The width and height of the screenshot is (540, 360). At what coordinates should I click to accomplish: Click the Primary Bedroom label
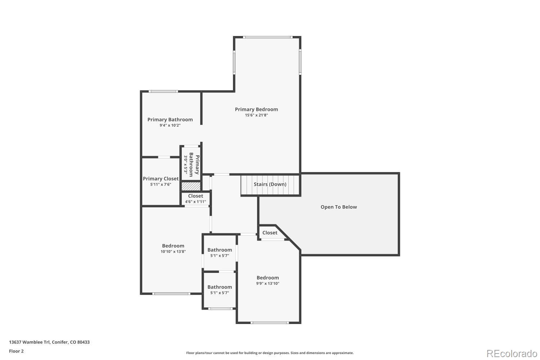(256, 109)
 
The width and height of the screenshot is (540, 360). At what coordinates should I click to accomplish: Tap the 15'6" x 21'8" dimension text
(256, 115)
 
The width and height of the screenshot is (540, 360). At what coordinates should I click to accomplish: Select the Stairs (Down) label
(270, 184)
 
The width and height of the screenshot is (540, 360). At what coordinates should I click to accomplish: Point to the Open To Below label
(339, 207)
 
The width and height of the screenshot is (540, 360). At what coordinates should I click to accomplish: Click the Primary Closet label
(161, 179)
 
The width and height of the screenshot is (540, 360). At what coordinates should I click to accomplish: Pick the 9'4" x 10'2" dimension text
(170, 125)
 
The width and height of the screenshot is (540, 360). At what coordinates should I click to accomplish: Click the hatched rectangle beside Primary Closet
(191, 186)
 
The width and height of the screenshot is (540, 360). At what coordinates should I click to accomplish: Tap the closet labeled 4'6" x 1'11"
(195, 199)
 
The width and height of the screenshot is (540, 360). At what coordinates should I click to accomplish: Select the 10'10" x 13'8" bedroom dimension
(173, 252)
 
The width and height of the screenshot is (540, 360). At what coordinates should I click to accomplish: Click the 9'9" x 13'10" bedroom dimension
(268, 283)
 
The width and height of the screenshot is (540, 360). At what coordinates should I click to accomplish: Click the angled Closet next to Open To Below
(270, 233)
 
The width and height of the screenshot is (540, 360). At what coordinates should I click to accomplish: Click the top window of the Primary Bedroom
(267, 37)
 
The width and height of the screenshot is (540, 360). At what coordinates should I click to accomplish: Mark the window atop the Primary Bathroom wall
(163, 91)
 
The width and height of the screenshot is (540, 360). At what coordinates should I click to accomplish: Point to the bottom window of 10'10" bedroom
(171, 294)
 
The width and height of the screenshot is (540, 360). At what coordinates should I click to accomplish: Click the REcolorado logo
(512, 354)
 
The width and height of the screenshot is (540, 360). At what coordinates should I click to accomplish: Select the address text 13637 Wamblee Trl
(49, 342)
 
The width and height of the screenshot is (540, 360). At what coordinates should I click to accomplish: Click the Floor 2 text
(16, 351)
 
